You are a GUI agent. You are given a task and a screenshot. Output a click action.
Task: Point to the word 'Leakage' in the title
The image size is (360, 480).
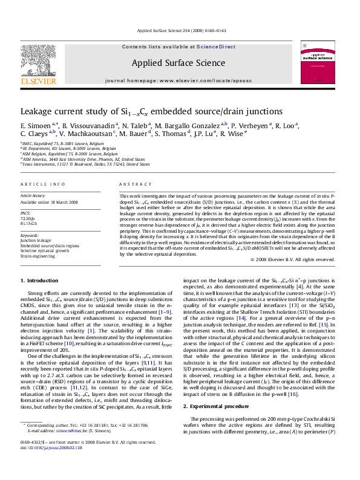(x=38, y=112)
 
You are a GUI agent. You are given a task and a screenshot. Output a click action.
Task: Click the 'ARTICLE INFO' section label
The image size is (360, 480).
(x=39, y=183)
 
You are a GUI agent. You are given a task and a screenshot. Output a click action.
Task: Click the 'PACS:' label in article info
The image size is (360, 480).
(x=26, y=213)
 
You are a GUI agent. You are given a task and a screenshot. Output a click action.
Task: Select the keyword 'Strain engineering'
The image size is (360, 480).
(x=36, y=256)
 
